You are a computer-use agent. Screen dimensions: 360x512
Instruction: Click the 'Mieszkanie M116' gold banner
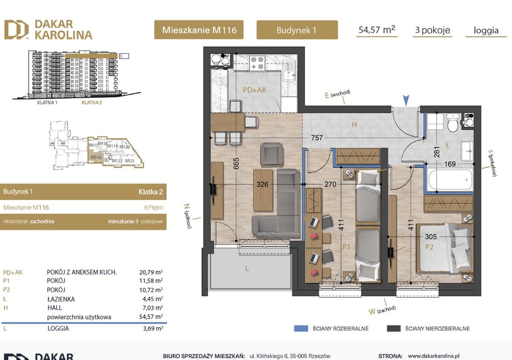point(198,30)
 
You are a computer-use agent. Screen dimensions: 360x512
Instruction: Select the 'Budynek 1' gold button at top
point(297,30)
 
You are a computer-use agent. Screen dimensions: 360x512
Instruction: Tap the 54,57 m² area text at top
point(376,30)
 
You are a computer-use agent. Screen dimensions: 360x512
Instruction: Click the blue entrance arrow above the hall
point(406,100)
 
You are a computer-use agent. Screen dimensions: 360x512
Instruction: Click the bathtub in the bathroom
point(450,179)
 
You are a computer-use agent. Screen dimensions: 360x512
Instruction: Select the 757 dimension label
point(317,138)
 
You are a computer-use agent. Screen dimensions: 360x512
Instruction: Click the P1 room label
point(346,246)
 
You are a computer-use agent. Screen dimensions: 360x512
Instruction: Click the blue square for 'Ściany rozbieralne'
point(301,328)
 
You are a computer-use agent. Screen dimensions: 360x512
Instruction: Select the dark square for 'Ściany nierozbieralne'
point(393,328)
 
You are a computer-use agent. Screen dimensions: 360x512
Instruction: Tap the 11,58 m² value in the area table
point(151,281)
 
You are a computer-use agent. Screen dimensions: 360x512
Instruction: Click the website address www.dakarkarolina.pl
point(433,355)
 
